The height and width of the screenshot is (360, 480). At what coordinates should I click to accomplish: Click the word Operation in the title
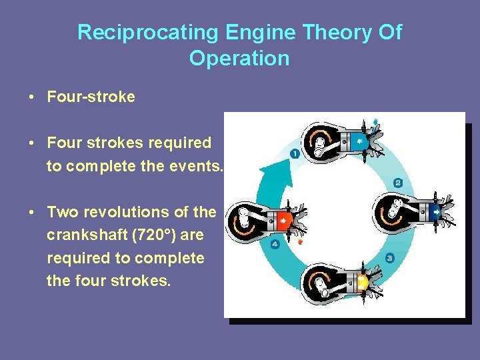[239, 58]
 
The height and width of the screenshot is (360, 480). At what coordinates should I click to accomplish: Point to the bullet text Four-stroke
[91, 97]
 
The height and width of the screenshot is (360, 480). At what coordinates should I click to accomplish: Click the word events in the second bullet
[197, 165]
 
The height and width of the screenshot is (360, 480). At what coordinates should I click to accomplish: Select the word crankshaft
[87, 235]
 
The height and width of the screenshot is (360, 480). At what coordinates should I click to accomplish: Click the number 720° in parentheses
[158, 235]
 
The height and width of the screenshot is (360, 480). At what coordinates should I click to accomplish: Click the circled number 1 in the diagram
[295, 154]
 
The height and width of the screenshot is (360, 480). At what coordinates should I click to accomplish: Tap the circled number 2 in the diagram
[398, 183]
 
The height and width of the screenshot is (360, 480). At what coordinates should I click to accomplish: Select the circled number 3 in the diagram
[390, 257]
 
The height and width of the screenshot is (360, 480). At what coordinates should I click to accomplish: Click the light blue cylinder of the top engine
[359, 141]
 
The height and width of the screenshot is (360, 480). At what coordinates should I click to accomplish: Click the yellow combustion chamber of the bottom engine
[362, 282]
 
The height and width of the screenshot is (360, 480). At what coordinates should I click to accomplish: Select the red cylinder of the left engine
[284, 219]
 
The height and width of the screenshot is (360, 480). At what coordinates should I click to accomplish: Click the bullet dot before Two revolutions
[32, 213]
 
